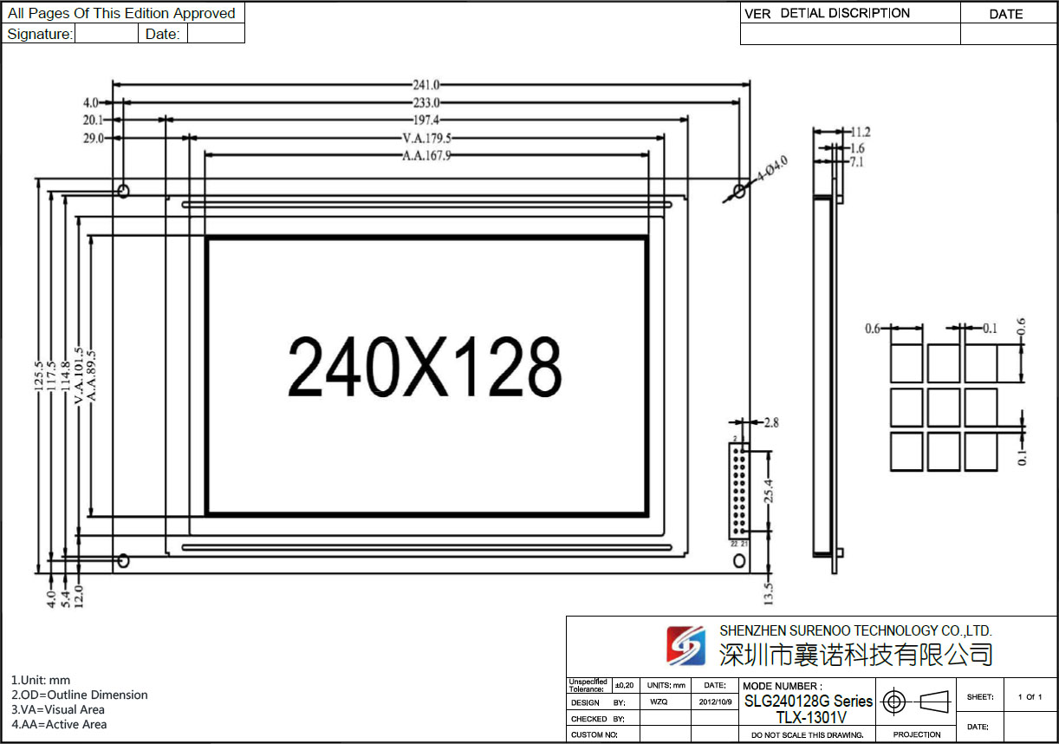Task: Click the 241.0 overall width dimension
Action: coord(426,85)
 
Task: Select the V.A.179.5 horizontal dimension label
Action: coord(426,138)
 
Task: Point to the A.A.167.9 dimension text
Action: coord(426,155)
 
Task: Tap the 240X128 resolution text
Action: coord(425,367)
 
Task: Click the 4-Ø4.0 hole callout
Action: coord(772,168)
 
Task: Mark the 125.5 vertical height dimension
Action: coord(39,376)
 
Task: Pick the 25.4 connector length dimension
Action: coord(769,491)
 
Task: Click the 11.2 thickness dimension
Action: coord(861,132)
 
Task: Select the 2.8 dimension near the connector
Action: coord(771,422)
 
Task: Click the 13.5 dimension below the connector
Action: coord(769,594)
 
